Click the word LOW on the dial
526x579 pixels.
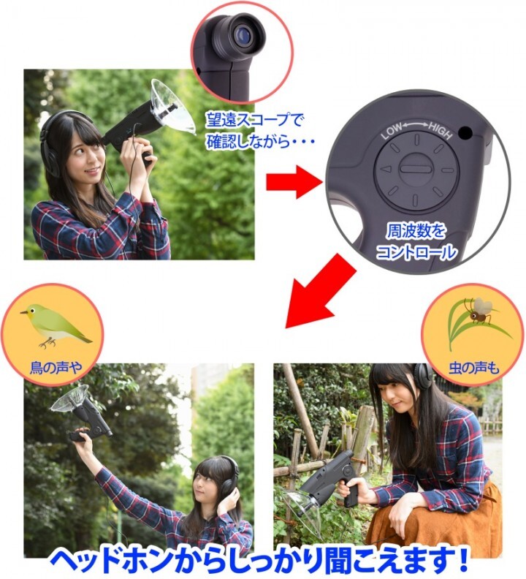pos(392,134)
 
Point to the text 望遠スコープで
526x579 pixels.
pos(254,119)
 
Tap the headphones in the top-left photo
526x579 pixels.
pos(53,143)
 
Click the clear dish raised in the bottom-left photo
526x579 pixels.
pos(76,398)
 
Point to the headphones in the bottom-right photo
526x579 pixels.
pos(422,378)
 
